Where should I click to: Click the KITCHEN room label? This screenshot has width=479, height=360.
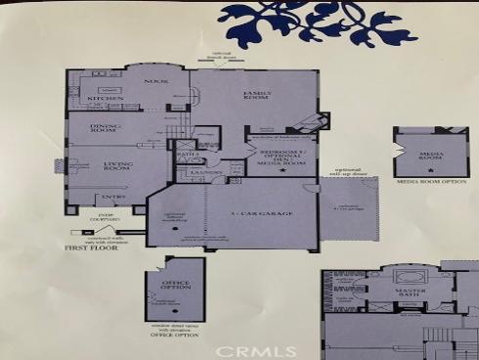[x=106, y=98]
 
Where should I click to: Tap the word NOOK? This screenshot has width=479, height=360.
[x=152, y=82]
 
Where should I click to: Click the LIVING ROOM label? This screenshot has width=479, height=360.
[x=116, y=166]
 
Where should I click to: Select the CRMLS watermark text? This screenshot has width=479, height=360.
[x=250, y=349]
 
